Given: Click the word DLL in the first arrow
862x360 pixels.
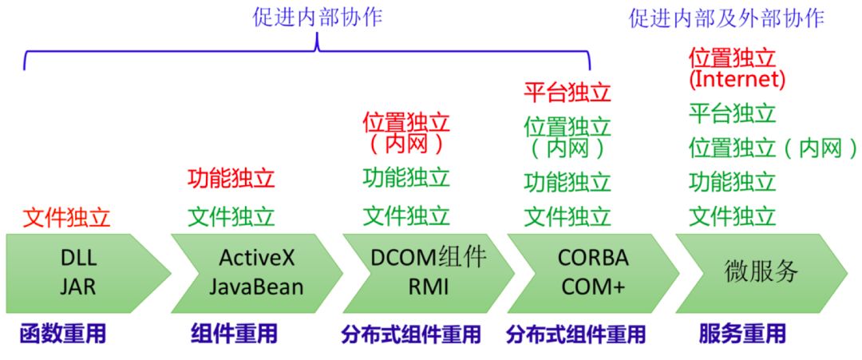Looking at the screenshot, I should pyautogui.click(x=77, y=258).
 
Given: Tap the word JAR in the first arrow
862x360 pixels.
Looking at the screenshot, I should pyautogui.click(x=77, y=286).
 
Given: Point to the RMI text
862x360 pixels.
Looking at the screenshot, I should pyautogui.click(x=429, y=286).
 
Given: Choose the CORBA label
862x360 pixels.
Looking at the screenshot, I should pyautogui.click(x=593, y=258).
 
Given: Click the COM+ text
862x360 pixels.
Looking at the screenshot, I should pyautogui.click(x=593, y=286).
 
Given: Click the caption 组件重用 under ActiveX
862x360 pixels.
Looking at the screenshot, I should pyautogui.click(x=234, y=334).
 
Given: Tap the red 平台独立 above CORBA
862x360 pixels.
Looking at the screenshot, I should pyautogui.click(x=567, y=93).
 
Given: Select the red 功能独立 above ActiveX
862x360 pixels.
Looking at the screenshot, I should pyautogui.click(x=231, y=178).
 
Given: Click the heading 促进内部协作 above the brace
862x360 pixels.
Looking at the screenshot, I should pyautogui.click(x=317, y=18).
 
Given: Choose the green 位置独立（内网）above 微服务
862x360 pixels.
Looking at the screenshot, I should pyautogui.click(x=772, y=148).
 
